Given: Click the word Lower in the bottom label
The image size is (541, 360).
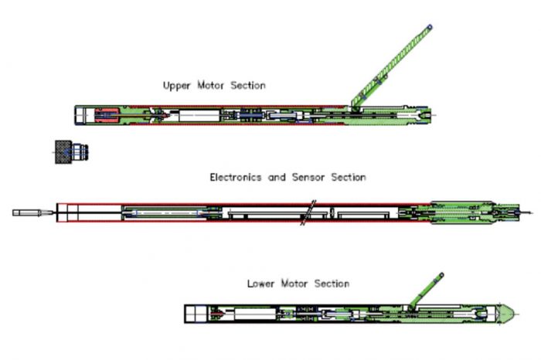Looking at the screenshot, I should pos(261,284).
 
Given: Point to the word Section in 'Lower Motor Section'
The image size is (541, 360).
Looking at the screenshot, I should pos(330,284).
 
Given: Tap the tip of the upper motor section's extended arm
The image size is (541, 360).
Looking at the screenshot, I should pos(429,27).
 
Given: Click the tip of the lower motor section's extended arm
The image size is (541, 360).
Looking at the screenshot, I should pos(441,273).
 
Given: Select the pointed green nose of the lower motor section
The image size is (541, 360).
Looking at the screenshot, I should pos(506,313).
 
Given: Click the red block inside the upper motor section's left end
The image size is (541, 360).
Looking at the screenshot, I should pos(107,115).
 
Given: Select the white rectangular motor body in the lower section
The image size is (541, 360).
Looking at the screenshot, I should pos(256,313).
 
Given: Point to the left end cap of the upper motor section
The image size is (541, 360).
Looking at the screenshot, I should pos(83,115).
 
